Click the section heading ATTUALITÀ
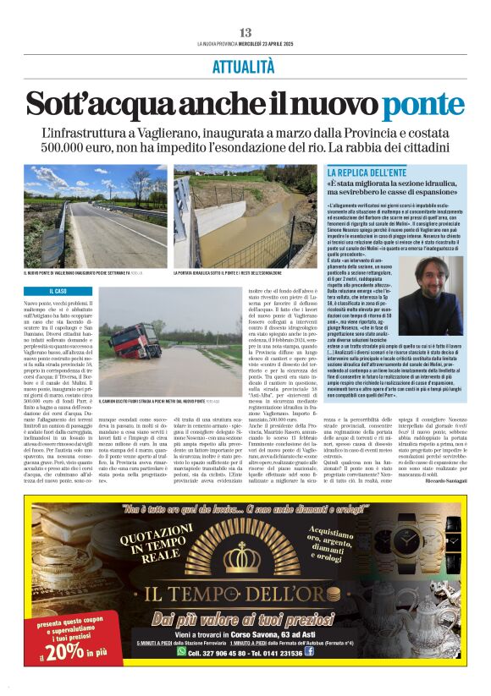[x=244, y=66]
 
